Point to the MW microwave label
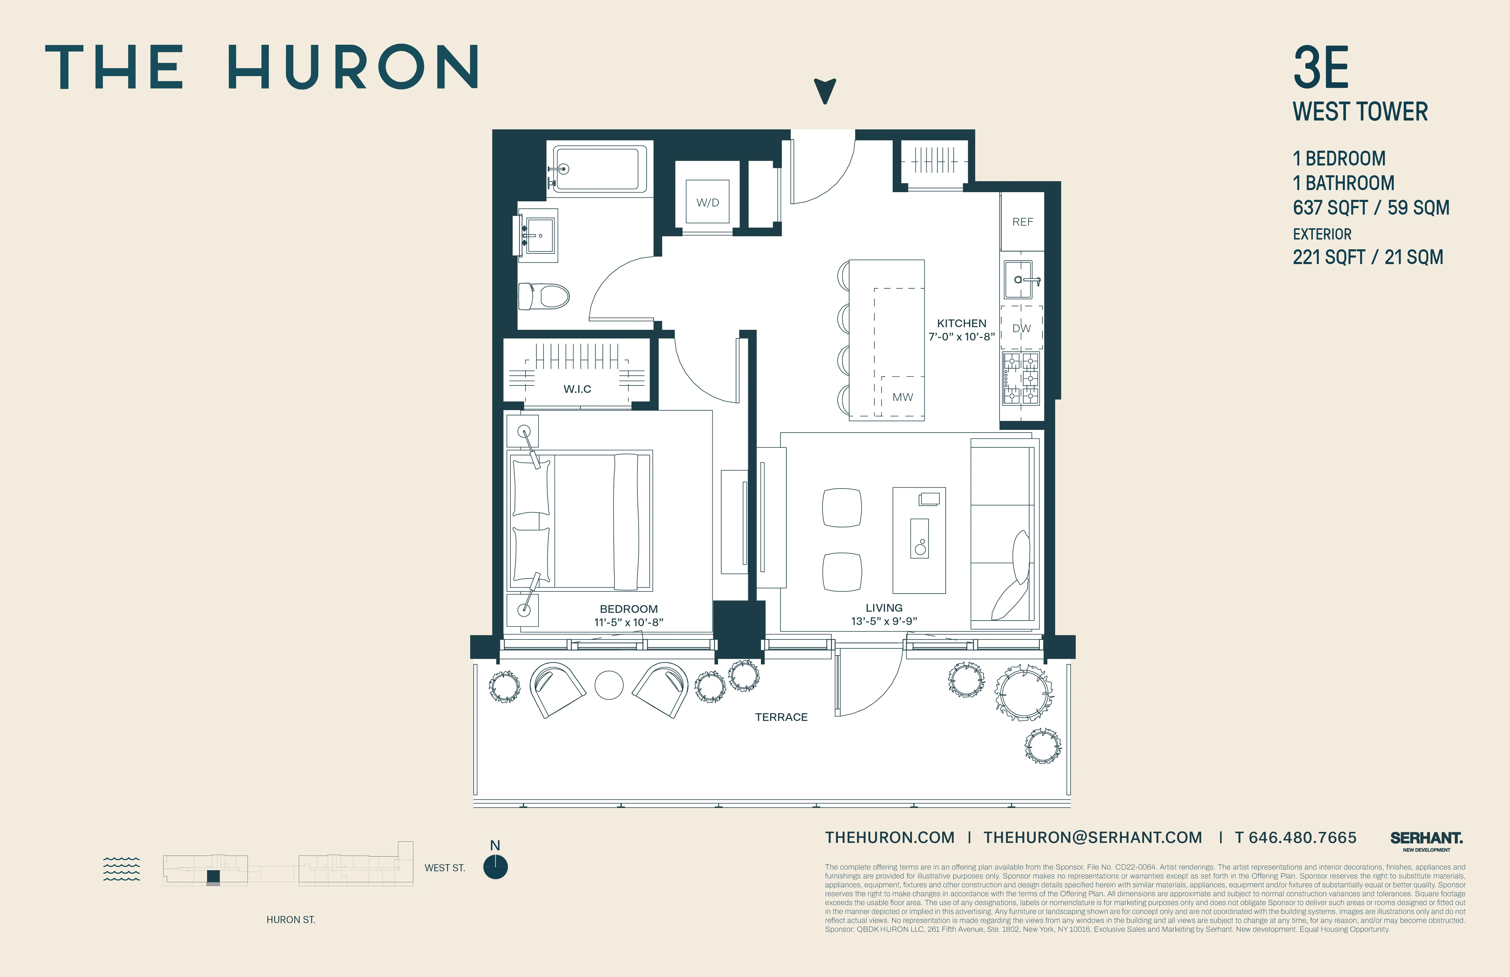click(x=902, y=397)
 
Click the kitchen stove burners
click(x=1021, y=378)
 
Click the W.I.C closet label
click(x=577, y=389)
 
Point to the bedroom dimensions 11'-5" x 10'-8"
click(x=629, y=622)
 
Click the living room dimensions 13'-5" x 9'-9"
click(x=884, y=621)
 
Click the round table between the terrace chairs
click(x=609, y=685)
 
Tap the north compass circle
click(x=496, y=867)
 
